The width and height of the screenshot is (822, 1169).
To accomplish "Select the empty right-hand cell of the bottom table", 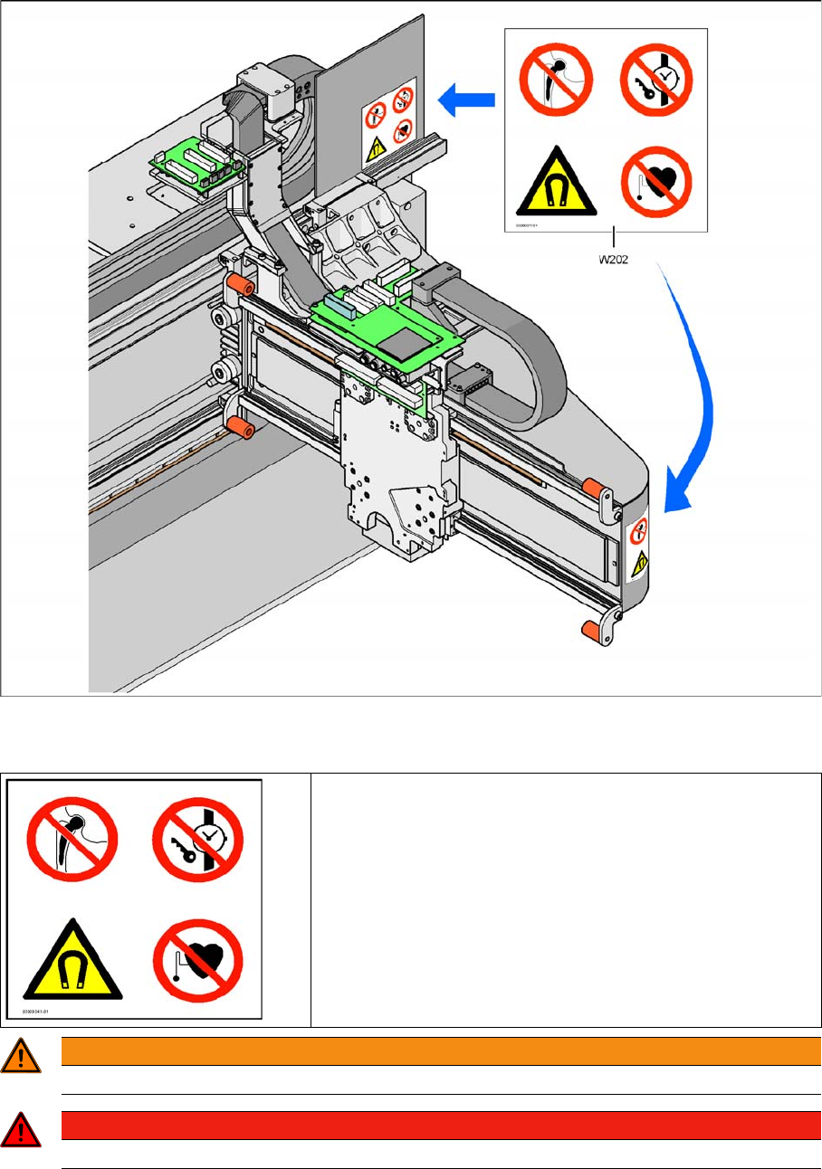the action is point(565,899).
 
